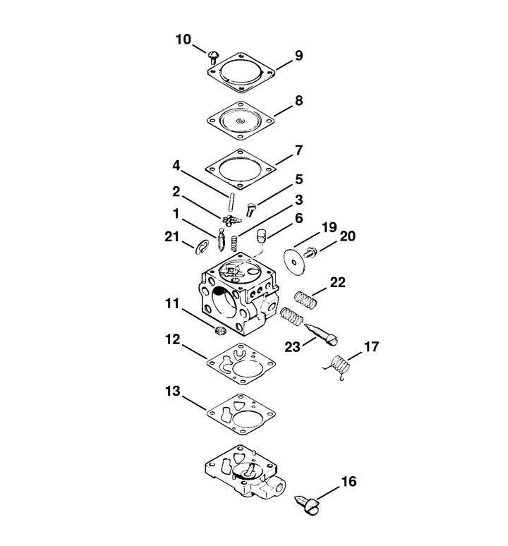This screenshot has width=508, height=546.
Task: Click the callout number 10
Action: click(x=183, y=40)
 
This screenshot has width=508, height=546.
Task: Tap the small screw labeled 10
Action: click(x=214, y=56)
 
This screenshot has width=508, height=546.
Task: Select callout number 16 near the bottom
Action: click(x=349, y=482)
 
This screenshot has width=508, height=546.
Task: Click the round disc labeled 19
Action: click(x=294, y=262)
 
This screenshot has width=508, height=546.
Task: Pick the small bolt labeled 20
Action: click(x=310, y=252)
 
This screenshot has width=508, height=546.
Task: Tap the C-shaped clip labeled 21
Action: click(x=202, y=247)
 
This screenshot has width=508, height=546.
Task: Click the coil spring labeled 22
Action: click(x=306, y=300)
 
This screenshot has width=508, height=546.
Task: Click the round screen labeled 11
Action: click(x=219, y=331)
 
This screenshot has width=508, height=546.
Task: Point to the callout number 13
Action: click(x=173, y=391)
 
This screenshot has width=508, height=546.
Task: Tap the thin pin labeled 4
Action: click(x=231, y=202)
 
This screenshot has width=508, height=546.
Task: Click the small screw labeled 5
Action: click(x=250, y=210)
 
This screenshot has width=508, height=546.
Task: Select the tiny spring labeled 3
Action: click(x=235, y=243)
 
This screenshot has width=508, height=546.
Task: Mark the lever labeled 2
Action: click(x=231, y=220)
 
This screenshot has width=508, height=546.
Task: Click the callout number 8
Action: click(x=298, y=101)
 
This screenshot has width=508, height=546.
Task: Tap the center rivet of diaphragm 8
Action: click(x=240, y=121)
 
